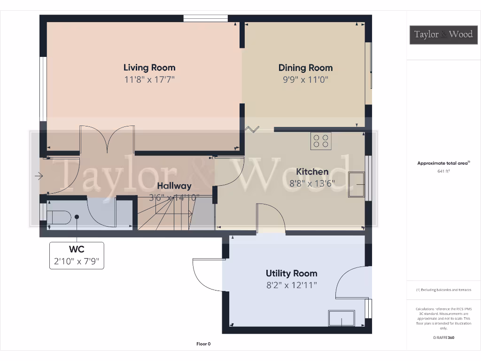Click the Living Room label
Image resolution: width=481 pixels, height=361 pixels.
pos(149,68)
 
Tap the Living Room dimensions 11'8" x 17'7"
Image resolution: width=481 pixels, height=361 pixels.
pos(149,80)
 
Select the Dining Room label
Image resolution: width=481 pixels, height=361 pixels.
pos(305,68)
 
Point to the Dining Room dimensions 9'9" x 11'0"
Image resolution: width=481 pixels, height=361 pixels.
pos(305,80)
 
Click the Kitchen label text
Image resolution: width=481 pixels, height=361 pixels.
pos(312,172)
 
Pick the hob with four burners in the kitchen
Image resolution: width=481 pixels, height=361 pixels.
pos(321,141)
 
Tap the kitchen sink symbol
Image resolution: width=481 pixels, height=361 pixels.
pos(356,185)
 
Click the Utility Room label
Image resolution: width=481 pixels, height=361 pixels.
pos(291,273)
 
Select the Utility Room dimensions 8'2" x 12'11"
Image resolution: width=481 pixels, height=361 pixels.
pos(291,285)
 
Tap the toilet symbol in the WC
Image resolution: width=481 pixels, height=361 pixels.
pos(60,217)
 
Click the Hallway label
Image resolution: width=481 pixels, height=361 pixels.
pos(174,186)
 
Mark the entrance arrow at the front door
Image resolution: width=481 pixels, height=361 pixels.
pos(39,176)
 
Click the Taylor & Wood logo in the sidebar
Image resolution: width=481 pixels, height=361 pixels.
pos(443,34)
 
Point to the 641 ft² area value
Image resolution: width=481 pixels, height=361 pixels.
pos(443,172)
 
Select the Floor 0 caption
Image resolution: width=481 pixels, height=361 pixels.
pos(203,344)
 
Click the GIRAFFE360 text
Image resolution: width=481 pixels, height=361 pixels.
pos(444,337)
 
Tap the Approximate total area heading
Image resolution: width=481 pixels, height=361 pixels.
pos(443,164)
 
